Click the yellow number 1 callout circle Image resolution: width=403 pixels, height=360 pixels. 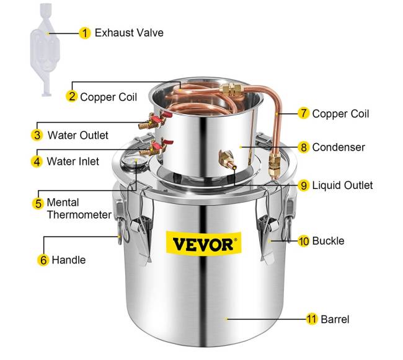click(84, 33)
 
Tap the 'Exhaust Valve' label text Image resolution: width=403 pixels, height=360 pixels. click(129, 33)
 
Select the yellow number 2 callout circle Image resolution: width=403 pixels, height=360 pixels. click(72, 96)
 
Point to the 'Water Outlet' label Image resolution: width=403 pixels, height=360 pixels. click(78, 135)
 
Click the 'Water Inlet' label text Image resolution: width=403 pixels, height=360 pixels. click(73, 162)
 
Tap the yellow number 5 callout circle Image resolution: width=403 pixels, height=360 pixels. click(38, 203)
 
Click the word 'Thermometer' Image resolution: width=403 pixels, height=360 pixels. click(79, 214)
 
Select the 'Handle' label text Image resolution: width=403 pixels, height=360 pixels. click(69, 260)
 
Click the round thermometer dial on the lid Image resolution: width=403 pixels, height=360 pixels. click(133, 162)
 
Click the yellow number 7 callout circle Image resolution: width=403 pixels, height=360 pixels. click(304, 113)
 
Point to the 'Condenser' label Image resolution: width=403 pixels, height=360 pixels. click(339, 147)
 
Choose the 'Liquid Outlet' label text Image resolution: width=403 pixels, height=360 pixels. click(342, 185)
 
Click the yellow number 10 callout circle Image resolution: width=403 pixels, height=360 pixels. click(304, 241)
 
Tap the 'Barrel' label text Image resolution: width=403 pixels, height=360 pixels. click(335, 320)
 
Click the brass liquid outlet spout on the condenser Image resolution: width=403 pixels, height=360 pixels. click(227, 159)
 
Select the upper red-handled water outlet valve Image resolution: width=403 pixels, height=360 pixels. click(154, 120)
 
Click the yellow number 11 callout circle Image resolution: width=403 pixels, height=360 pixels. click(312, 319)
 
